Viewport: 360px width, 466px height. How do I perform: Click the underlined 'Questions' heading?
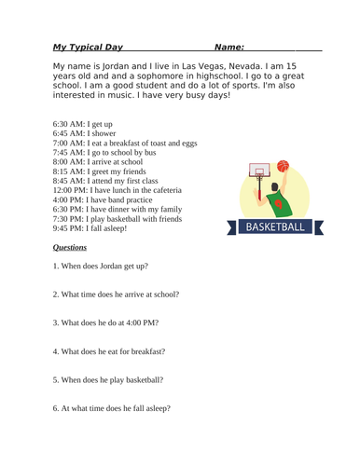[70, 248]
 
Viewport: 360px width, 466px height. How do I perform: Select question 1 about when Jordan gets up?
[100, 267]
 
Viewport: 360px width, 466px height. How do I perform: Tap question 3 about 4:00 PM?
[105, 322]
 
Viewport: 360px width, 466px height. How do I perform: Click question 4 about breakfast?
[109, 351]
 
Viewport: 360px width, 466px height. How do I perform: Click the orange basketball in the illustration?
[283, 167]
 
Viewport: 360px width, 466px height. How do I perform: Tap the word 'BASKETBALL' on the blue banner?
[274, 226]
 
